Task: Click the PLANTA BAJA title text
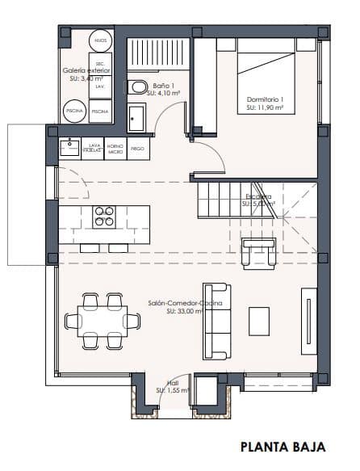pyautogui.click(x=283, y=445)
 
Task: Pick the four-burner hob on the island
pyautogui.click(x=104, y=216)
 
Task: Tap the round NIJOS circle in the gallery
pyautogui.click(x=99, y=40)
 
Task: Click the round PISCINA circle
pyautogui.click(x=75, y=110)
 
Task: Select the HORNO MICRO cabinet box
pyautogui.click(x=116, y=149)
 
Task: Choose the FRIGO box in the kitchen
pyautogui.click(x=137, y=149)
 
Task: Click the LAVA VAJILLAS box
pyautogui.click(x=94, y=149)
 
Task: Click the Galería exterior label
pyautogui.click(x=86, y=74)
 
